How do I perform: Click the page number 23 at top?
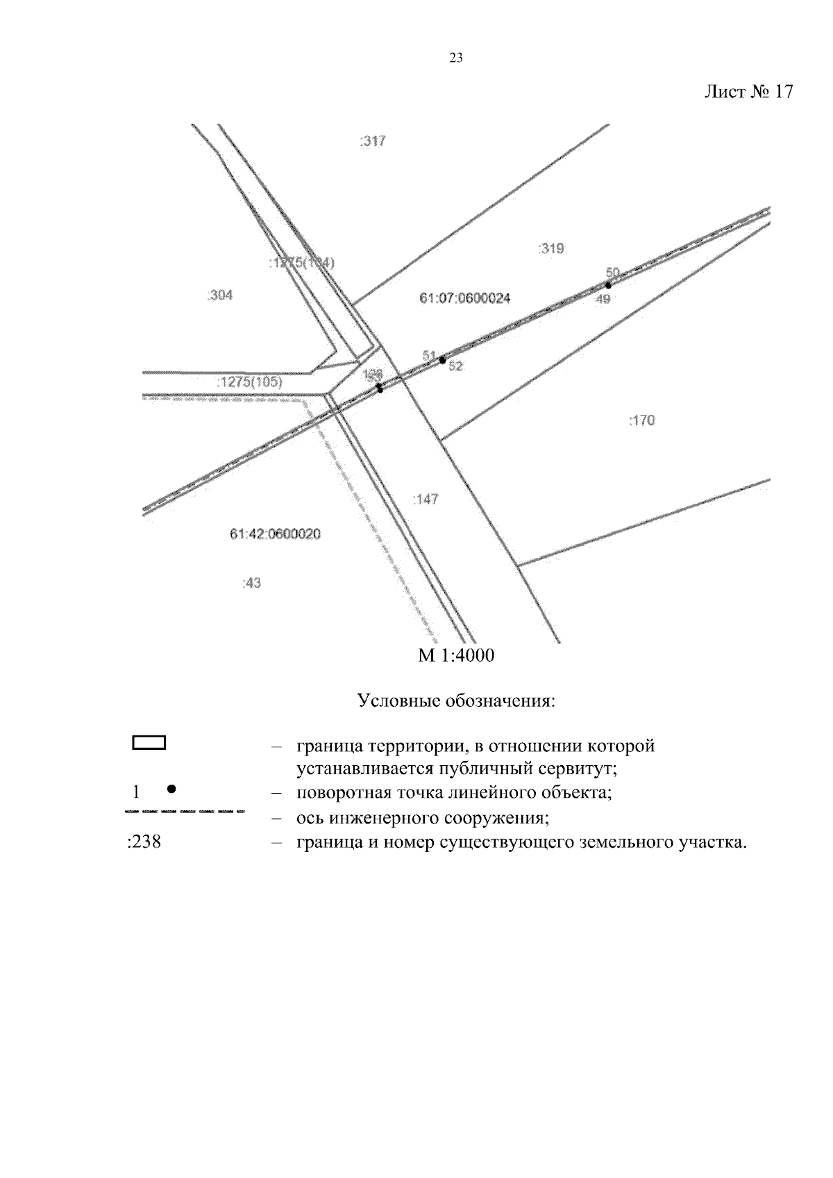[456, 58]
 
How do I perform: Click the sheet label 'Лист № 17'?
[748, 92]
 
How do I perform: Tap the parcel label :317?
[373, 142]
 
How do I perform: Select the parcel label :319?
[551, 248]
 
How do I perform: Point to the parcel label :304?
[220, 296]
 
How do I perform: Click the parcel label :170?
[641, 420]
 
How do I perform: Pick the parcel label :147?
[425, 500]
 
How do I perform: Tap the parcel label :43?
[251, 583]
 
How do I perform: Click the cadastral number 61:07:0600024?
[465, 298]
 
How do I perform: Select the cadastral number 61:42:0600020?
[275, 534]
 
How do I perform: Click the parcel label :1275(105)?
[249, 382]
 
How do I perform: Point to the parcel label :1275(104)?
[301, 263]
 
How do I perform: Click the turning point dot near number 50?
[608, 284]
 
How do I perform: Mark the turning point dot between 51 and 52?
[442, 360]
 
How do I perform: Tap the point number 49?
[603, 299]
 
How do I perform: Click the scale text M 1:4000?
[456, 656]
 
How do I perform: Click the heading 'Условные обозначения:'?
[456, 701]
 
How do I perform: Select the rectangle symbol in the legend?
[149, 743]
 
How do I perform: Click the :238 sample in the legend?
[144, 843]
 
